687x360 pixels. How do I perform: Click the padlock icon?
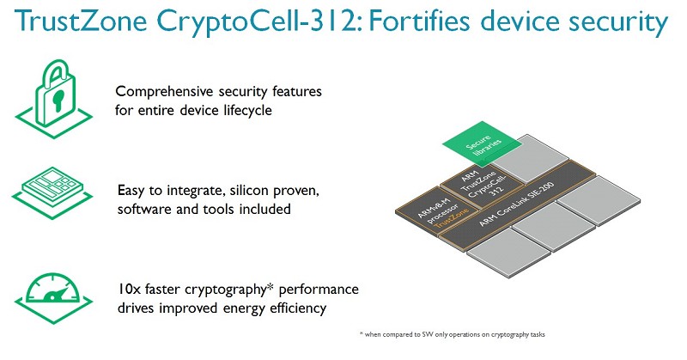pos(54,99)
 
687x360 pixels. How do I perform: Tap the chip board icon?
pos(52,192)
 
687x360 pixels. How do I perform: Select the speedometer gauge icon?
pos(53,298)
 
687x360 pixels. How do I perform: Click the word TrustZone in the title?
pos(81,21)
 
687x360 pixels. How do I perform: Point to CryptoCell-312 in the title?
pos(259,21)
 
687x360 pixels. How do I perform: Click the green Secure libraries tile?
pos(483,144)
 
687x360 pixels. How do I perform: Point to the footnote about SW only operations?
pos(453,334)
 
